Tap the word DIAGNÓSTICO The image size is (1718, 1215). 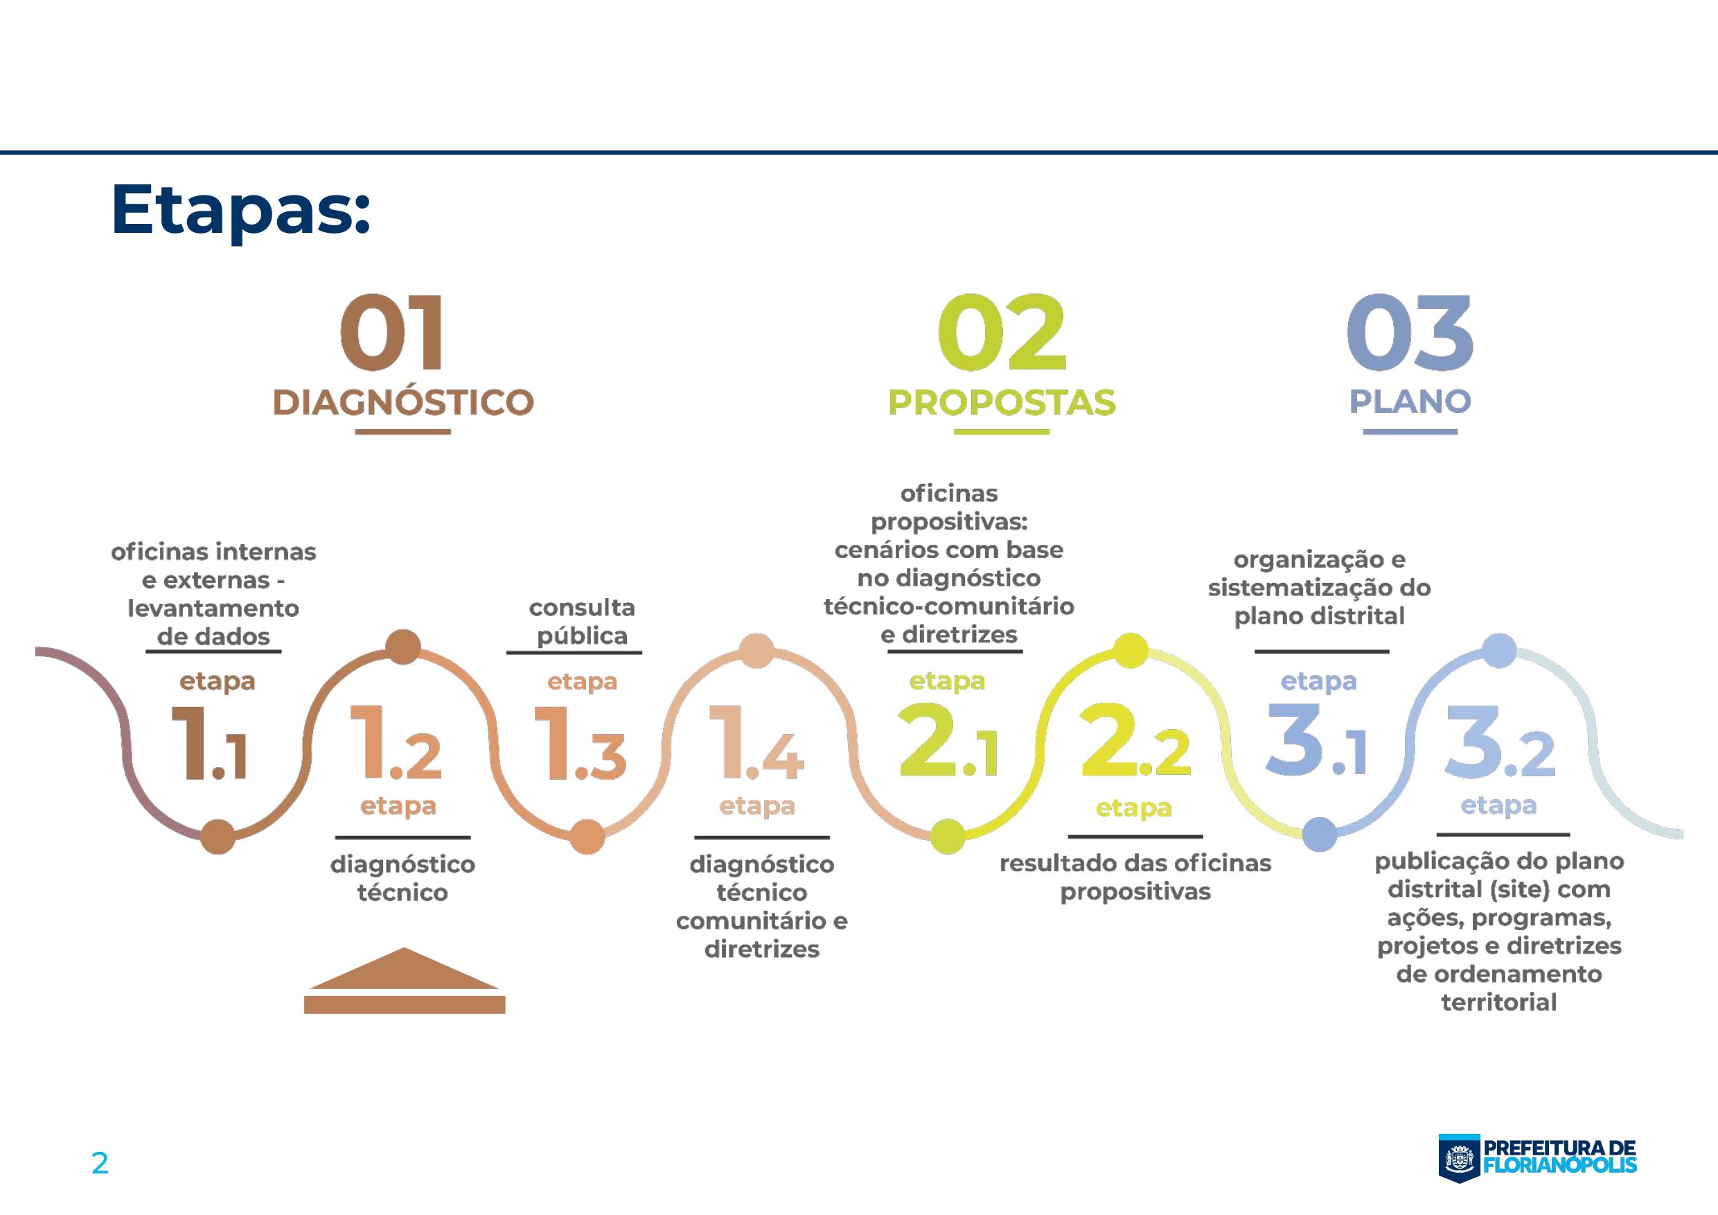[402, 402]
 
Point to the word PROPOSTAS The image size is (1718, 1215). [1001, 402]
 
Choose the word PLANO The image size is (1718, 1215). [1410, 401]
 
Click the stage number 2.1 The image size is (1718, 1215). [948, 741]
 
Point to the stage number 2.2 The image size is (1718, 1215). [1134, 741]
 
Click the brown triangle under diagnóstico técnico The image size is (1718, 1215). [404, 970]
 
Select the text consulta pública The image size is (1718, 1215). [581, 621]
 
